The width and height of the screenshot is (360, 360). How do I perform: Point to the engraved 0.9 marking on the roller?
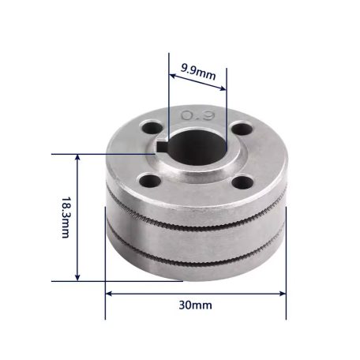[x=195, y=117]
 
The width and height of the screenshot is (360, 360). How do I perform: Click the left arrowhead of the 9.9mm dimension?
[x=173, y=77]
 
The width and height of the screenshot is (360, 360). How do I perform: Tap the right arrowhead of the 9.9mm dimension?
[x=223, y=77]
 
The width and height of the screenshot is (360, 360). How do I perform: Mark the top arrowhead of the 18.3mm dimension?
[x=77, y=158]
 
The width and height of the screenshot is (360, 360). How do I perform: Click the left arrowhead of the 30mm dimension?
[x=110, y=293]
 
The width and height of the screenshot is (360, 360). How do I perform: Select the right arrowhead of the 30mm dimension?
[x=283, y=293]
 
